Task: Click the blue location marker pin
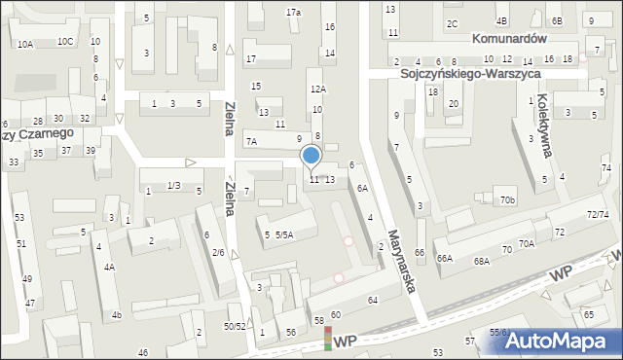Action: click(311, 156)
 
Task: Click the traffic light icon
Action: click(327, 339)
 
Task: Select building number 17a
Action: click(293, 12)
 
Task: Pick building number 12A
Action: click(317, 89)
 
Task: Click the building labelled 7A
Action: click(251, 141)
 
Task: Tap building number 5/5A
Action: click(284, 234)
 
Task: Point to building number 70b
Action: click(507, 200)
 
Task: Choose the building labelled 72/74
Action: click(598, 214)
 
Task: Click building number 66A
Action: click(445, 259)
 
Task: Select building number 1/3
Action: click(173, 186)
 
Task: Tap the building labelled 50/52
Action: click(235, 326)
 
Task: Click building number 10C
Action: click(65, 42)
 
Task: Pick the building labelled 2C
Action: click(452, 23)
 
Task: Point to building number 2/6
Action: click(218, 253)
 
